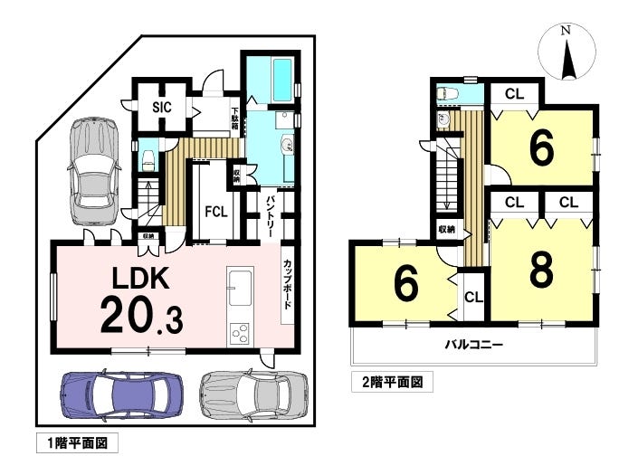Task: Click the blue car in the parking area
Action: (122, 394)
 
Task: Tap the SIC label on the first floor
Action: (162, 107)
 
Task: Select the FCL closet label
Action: (216, 212)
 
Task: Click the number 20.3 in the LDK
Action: (141, 314)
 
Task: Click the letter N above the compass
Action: (566, 30)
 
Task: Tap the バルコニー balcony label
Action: (474, 346)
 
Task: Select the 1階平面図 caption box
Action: (77, 442)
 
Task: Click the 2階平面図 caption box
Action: (392, 382)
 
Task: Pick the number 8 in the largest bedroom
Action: (541, 270)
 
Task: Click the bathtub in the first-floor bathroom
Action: (282, 81)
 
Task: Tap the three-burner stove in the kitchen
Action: (240, 334)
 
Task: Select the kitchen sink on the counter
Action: (240, 288)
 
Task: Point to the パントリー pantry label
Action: (271, 217)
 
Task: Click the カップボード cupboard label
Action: (288, 284)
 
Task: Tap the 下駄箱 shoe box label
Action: (235, 119)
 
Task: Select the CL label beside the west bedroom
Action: (473, 298)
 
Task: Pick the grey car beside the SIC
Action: (94, 171)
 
